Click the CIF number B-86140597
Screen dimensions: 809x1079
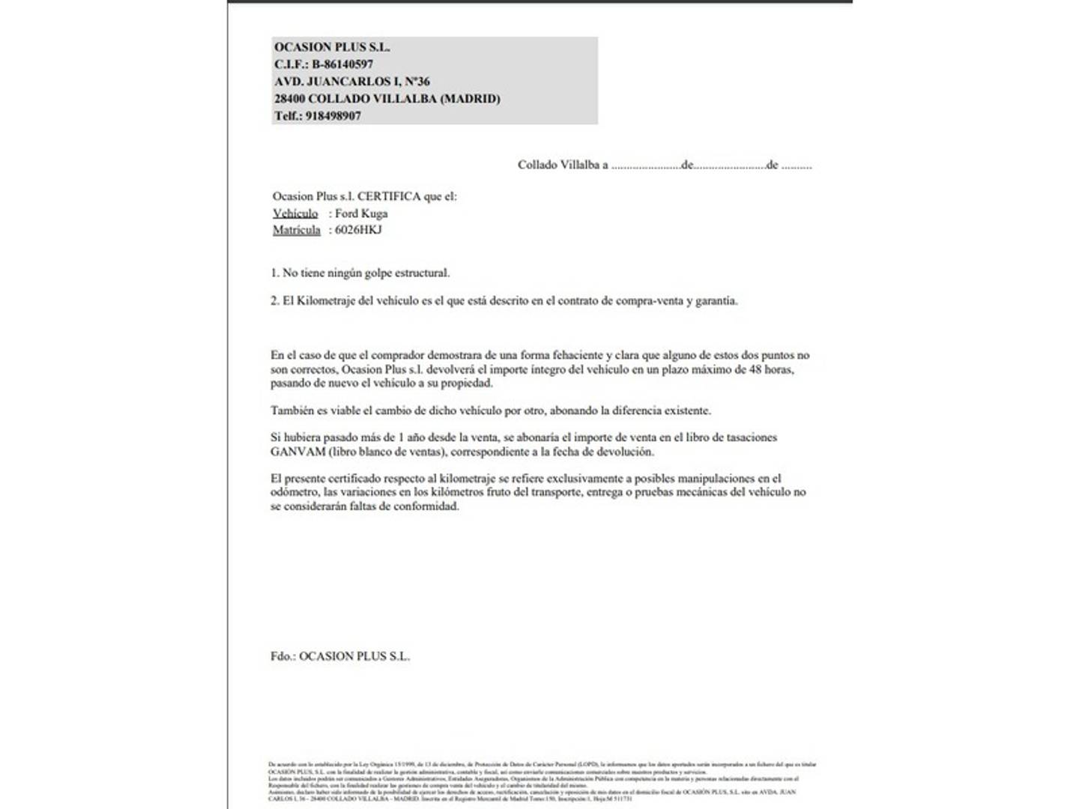click(342, 64)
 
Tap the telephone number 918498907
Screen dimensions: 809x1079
click(333, 116)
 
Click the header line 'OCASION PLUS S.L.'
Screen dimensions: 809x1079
click(332, 47)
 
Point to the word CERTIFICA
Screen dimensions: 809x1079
click(389, 196)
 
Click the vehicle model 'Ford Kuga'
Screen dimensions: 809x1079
click(361, 213)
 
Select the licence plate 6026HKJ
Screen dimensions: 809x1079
click(358, 230)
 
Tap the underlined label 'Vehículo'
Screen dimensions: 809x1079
click(295, 213)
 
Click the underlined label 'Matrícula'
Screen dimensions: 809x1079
click(297, 230)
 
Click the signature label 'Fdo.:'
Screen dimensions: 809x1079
click(282, 656)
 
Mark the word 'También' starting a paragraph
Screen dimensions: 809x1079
click(291, 410)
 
